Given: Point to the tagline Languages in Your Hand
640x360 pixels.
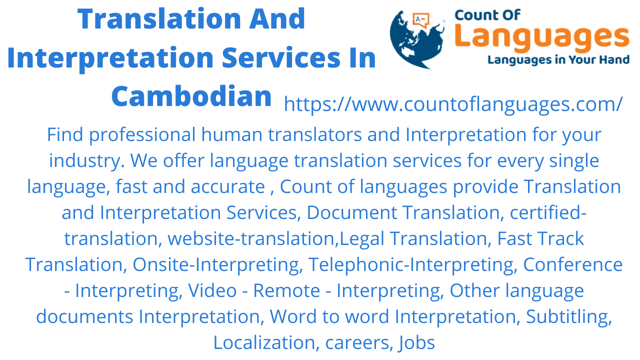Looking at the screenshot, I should tap(558, 60).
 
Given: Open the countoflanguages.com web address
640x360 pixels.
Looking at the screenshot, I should tap(453, 104).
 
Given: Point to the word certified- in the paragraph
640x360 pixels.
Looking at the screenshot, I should tap(548, 212).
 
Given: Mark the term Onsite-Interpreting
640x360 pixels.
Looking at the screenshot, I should tap(217, 264).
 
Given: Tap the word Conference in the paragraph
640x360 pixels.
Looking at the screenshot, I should tap(572, 264).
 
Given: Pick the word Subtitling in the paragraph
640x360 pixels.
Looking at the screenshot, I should tap(569, 316).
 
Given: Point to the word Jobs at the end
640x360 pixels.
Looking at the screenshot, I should tap(416, 342).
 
